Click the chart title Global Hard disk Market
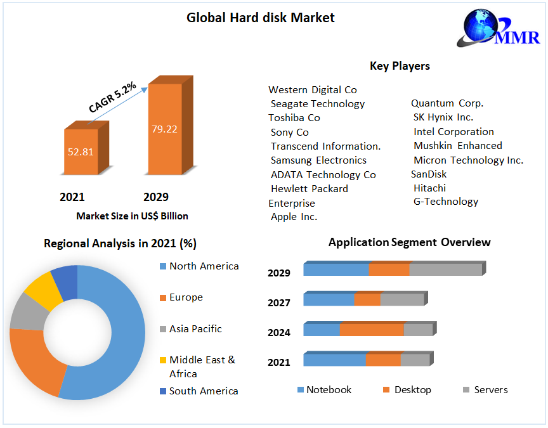[x=260, y=18]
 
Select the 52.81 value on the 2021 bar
[x=81, y=152]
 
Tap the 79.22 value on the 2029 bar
[x=164, y=129]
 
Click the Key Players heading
[x=400, y=66]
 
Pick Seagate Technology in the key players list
[x=317, y=104]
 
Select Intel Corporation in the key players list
[x=453, y=132]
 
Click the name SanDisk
[x=429, y=174]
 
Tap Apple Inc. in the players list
[x=294, y=217]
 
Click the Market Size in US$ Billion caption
[x=132, y=216]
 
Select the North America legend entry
[x=204, y=266]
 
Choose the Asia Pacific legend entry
[x=195, y=329]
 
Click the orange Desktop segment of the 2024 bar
[x=372, y=330]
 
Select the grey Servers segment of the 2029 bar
[x=445, y=269]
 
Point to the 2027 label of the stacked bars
[x=279, y=303]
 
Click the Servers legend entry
[x=490, y=390]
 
